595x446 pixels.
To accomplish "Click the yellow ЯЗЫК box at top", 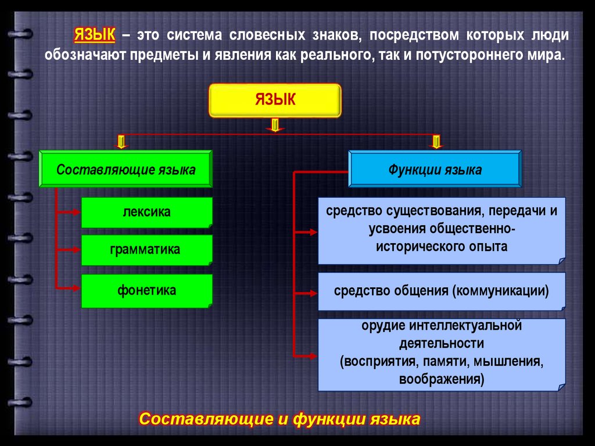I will coord(274,100).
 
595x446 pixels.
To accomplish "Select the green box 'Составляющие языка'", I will coord(126,169).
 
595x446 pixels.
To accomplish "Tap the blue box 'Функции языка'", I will coord(435,169).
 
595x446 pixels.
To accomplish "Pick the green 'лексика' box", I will coord(146,212).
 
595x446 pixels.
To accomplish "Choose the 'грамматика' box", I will coord(146,249).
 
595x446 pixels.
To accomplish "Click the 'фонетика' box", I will coord(146,290).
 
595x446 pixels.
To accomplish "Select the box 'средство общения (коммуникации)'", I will coord(441,291).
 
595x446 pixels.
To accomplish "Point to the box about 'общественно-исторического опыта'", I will coord(441,229).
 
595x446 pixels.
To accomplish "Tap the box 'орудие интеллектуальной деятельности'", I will coord(441,353).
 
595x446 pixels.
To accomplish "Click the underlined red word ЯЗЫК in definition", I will coord(94,35).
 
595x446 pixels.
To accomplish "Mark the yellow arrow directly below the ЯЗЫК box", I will coord(275,125).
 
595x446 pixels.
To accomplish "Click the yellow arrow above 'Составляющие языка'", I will coord(121,141).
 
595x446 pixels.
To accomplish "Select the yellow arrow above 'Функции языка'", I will coord(436,141).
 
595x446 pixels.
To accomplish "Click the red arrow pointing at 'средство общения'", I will coord(308,291).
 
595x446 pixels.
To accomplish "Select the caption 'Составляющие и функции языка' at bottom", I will coord(279,419).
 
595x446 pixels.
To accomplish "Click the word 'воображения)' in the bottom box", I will coord(441,380).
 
